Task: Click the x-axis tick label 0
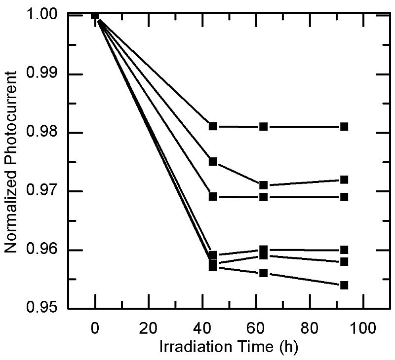click(95, 326)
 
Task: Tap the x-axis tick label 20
click(148, 326)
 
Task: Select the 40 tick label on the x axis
click(202, 326)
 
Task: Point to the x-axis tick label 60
click(256, 326)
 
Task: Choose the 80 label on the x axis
click(310, 326)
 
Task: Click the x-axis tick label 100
click(363, 326)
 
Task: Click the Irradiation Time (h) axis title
click(229, 347)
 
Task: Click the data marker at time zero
click(95, 15)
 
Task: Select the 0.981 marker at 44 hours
click(213, 126)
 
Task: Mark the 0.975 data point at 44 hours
click(213, 161)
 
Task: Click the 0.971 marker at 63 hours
click(264, 185)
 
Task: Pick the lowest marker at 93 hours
click(344, 285)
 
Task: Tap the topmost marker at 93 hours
click(344, 126)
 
